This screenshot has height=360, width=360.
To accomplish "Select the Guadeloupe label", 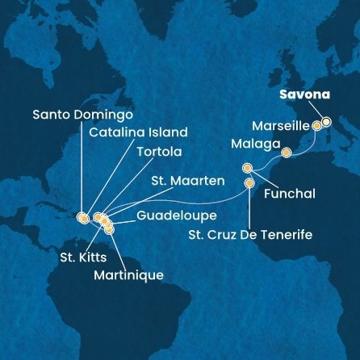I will point(174,216).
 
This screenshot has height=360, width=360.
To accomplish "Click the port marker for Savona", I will point(326,123).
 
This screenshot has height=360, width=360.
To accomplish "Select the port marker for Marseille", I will point(316,127).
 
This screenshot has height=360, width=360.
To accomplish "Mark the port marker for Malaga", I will point(285,151).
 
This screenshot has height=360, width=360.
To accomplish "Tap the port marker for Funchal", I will point(247,168).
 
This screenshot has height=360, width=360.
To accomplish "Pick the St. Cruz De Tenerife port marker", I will point(249,182).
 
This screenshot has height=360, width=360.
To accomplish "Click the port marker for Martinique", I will point(110,230).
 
